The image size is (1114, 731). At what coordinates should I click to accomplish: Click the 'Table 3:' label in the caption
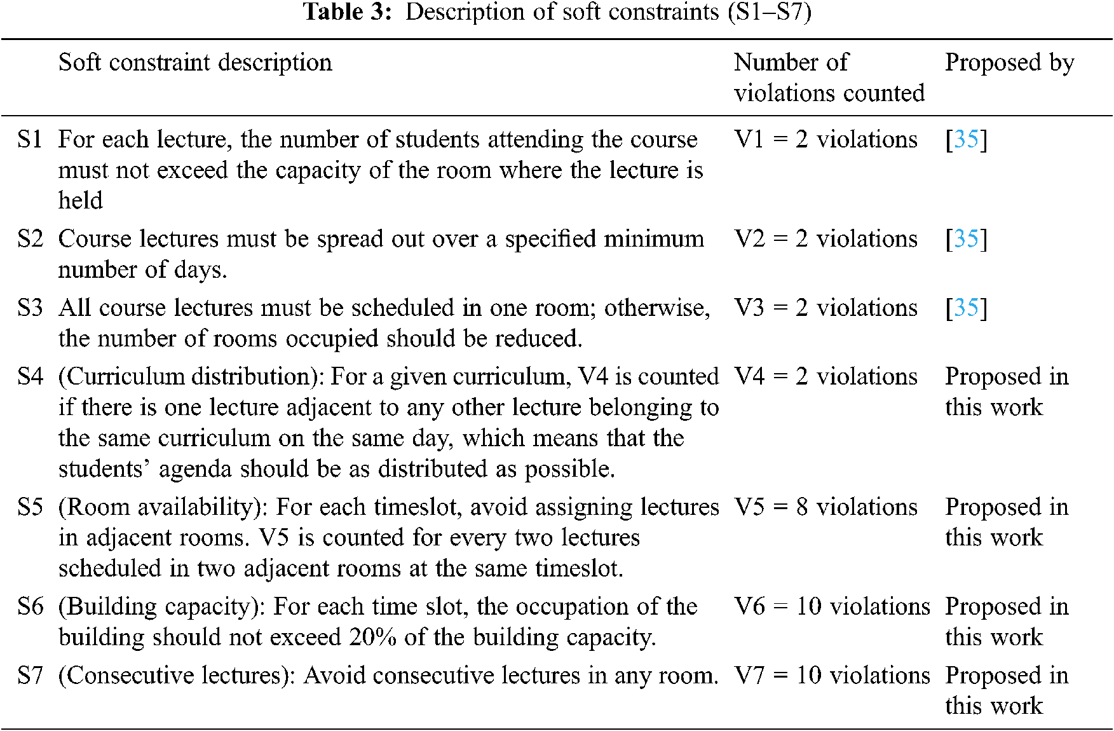[348, 11]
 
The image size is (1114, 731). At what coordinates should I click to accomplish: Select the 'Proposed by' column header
[1009, 62]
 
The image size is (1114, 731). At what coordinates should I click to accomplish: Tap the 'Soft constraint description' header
[195, 62]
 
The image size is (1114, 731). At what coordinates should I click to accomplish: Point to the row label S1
[30, 139]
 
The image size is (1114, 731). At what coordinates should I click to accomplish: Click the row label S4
[30, 376]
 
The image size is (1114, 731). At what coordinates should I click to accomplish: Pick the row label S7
[30, 675]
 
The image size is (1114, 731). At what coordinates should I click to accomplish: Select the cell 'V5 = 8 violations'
[825, 507]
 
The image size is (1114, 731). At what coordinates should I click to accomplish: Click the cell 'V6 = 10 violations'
[832, 606]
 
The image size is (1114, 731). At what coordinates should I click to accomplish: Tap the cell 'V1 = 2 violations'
[825, 139]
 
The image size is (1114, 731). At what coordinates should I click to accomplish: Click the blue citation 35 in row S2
[966, 239]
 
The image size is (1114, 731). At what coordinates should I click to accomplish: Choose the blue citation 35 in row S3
[966, 308]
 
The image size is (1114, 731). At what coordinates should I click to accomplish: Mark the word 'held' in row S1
[80, 200]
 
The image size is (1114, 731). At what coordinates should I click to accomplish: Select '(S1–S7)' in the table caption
[770, 11]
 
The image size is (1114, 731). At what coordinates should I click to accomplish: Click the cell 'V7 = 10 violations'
[832, 675]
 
